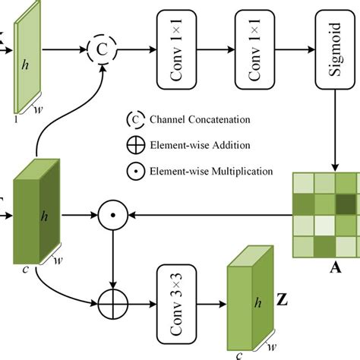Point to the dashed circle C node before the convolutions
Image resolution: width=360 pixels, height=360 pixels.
pyautogui.click(x=103, y=49)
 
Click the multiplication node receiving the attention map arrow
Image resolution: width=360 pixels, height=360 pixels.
pyautogui.click(x=112, y=216)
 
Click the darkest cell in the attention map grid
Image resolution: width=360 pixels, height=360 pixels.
pyautogui.click(x=347, y=204)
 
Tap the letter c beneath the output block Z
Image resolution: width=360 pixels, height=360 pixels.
pyautogui.click(x=238, y=354)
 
